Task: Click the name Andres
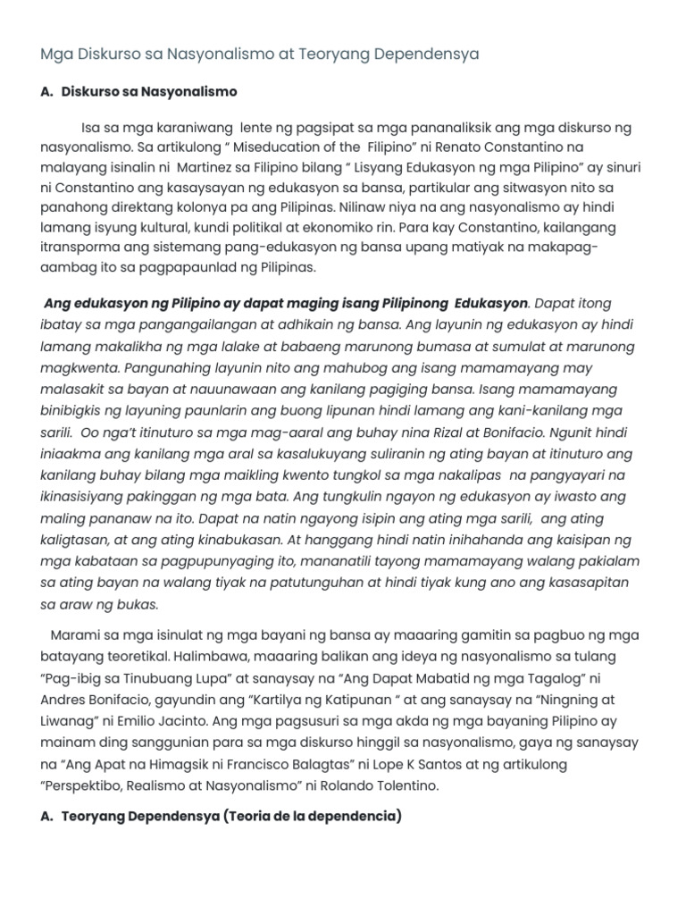(x=66, y=700)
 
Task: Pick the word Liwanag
(x=67, y=720)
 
